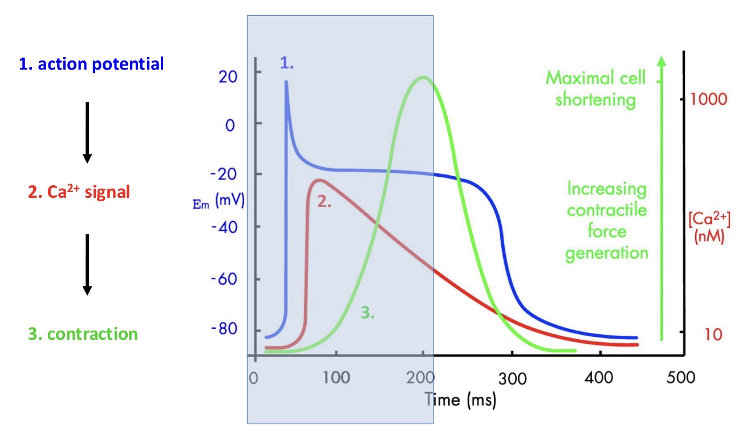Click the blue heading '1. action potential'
point(92,63)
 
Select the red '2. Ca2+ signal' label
point(79,192)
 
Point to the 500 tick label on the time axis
point(682,377)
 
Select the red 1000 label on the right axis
point(708,99)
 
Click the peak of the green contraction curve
point(423,78)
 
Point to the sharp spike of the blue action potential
point(286,82)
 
